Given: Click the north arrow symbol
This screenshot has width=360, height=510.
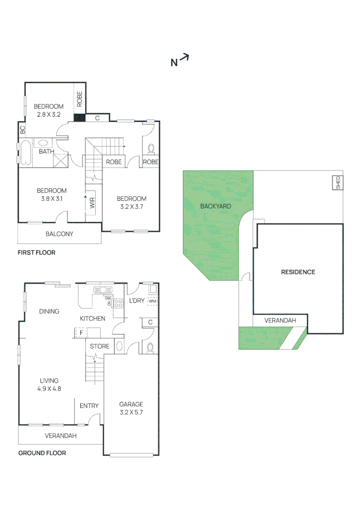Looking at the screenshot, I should [184, 58].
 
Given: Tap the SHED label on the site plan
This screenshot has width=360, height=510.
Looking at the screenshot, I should [338, 183].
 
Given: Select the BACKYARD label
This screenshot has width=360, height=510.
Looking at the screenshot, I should [216, 206].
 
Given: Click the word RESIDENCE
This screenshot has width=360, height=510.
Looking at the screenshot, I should [298, 272].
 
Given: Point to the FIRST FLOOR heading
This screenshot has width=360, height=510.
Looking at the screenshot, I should [36, 253].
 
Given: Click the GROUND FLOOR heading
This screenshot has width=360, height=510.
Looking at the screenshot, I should [42, 453].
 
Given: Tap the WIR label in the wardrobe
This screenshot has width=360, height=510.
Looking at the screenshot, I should [92, 204].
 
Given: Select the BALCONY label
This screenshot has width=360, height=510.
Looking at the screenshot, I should [59, 234].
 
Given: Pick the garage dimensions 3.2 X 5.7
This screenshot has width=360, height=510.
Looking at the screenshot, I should [131, 412].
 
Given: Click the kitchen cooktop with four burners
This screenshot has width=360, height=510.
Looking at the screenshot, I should [118, 304].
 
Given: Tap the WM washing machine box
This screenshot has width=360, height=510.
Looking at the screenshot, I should [152, 301].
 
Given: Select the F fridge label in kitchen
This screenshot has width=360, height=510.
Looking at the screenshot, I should [81, 333].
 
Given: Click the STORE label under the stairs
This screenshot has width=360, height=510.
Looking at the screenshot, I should [100, 346].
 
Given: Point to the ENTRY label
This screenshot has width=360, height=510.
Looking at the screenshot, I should [89, 406].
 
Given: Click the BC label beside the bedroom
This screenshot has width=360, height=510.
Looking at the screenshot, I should [22, 128].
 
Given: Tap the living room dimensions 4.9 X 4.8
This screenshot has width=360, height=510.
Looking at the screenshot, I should [50, 389].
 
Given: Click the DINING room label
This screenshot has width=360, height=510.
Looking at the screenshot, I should [50, 311].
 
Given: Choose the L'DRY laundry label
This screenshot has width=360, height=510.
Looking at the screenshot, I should [137, 301].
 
